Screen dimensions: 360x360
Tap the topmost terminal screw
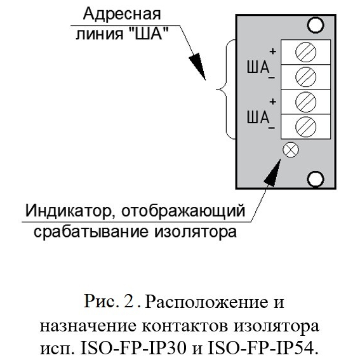pyautogui.click(x=305, y=52)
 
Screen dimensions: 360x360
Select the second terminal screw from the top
pyautogui.click(x=305, y=77)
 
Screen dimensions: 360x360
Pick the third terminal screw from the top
pyautogui.click(x=305, y=102)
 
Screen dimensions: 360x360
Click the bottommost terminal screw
pyautogui.click(x=305, y=127)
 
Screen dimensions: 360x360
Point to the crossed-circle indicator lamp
pyautogui.click(x=291, y=150)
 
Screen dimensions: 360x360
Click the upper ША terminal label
pyautogui.click(x=258, y=67)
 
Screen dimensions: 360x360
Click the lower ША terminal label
pyautogui.click(x=258, y=117)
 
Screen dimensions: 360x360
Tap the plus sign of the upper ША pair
pyautogui.click(x=273, y=51)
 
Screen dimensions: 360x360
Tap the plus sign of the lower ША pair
pyautogui.click(x=273, y=101)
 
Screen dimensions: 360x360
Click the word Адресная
pyautogui.click(x=122, y=14)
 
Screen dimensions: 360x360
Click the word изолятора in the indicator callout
pyautogui.click(x=195, y=232)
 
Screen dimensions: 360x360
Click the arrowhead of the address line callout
pyautogui.click(x=198, y=67)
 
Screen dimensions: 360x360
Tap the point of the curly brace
pyautogui.click(x=217, y=90)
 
